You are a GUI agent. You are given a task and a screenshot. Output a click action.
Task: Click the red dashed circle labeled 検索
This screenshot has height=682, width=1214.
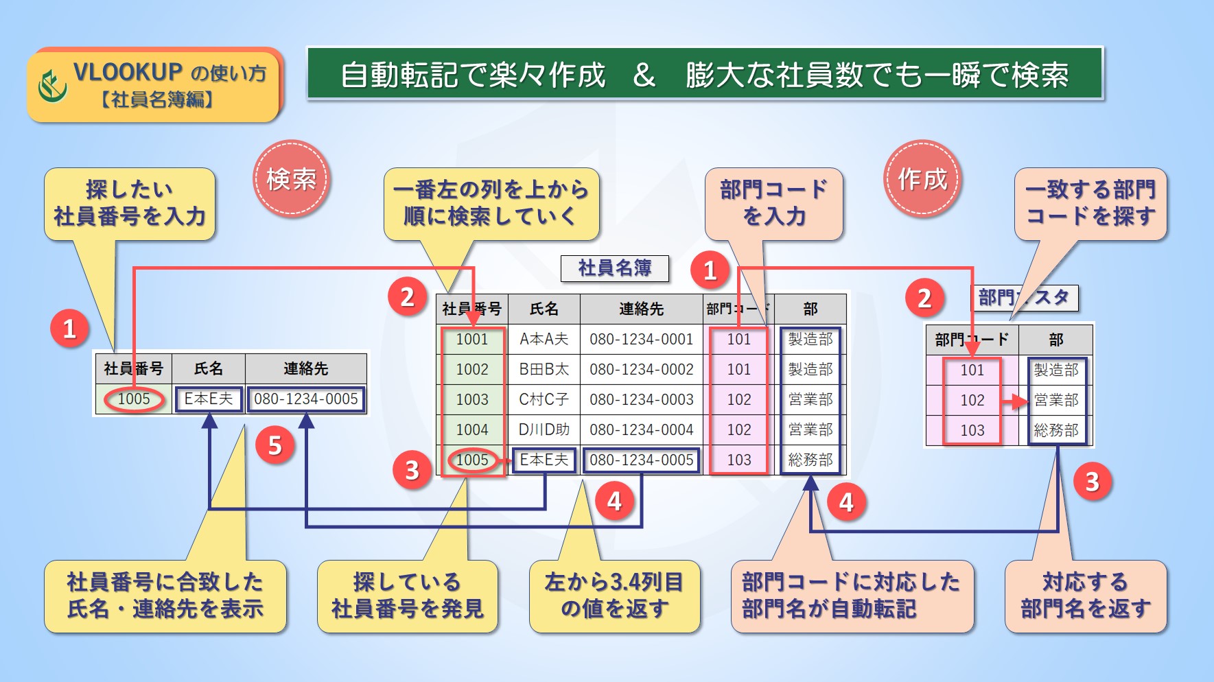(x=292, y=179)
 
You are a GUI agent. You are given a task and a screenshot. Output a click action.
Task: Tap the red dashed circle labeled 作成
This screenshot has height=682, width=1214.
(x=922, y=179)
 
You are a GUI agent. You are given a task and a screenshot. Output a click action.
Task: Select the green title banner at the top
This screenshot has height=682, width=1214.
(x=704, y=74)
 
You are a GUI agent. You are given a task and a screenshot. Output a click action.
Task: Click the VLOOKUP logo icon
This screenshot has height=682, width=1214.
(x=52, y=86)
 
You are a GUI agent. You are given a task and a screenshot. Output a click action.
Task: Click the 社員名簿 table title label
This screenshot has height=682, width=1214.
(x=614, y=268)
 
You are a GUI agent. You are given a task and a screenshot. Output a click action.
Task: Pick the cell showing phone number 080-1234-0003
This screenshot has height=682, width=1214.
(x=641, y=399)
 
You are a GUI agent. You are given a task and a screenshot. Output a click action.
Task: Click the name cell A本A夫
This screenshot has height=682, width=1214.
(x=544, y=339)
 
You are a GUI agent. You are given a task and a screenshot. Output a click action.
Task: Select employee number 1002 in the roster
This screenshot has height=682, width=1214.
(x=472, y=369)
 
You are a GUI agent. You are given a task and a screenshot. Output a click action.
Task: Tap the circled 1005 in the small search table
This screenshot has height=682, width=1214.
(x=134, y=399)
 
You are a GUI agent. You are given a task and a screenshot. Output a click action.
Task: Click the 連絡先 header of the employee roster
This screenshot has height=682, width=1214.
(x=641, y=309)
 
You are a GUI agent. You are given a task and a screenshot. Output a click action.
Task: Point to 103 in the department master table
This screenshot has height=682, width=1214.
(x=972, y=430)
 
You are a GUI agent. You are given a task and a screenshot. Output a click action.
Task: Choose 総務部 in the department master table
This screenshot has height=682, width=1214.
(x=1055, y=430)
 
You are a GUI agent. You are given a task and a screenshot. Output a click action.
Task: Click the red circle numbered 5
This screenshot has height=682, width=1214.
(x=275, y=445)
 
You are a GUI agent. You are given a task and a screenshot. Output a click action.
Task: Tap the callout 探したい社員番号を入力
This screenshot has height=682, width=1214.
(x=130, y=203)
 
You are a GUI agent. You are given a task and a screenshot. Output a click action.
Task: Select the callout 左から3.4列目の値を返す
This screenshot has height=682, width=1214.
(x=614, y=595)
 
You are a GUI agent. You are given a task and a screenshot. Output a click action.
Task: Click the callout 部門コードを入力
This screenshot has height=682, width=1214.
(x=773, y=203)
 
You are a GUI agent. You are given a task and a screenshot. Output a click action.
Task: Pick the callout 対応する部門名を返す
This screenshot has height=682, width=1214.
(x=1085, y=595)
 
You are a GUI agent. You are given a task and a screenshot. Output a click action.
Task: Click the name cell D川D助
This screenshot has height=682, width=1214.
(x=544, y=430)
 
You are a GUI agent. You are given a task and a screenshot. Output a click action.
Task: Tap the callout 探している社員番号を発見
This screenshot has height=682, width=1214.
(x=407, y=595)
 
